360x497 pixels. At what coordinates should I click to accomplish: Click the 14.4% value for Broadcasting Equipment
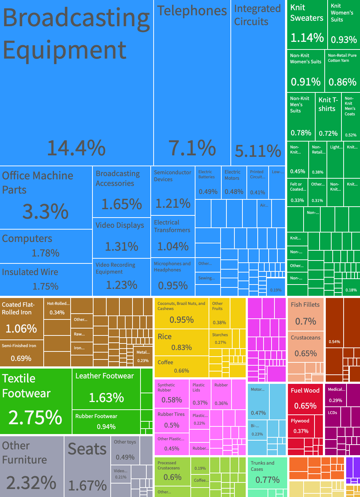coord(76,148)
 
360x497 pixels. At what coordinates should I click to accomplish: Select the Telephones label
coord(192,11)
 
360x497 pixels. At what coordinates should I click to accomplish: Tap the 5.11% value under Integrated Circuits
coord(258,151)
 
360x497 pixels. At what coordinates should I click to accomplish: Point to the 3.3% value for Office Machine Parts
coord(46,211)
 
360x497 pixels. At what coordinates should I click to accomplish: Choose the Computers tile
coord(46,246)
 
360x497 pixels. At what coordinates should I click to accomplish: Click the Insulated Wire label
coord(30,272)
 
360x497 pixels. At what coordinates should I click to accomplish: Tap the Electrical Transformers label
coord(172,226)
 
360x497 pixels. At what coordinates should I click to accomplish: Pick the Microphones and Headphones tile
coord(173,277)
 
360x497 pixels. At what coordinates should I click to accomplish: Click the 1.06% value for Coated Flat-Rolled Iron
coord(21,329)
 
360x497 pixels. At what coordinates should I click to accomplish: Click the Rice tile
coord(181,342)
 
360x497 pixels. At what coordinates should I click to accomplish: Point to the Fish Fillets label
coord(305,305)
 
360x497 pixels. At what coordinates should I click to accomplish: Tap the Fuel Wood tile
coord(305,398)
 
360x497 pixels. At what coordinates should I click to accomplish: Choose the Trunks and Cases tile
coord(267,473)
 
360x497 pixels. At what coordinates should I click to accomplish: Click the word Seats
coord(87,449)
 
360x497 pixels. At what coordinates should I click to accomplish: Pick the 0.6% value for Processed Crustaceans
coord(173,477)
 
